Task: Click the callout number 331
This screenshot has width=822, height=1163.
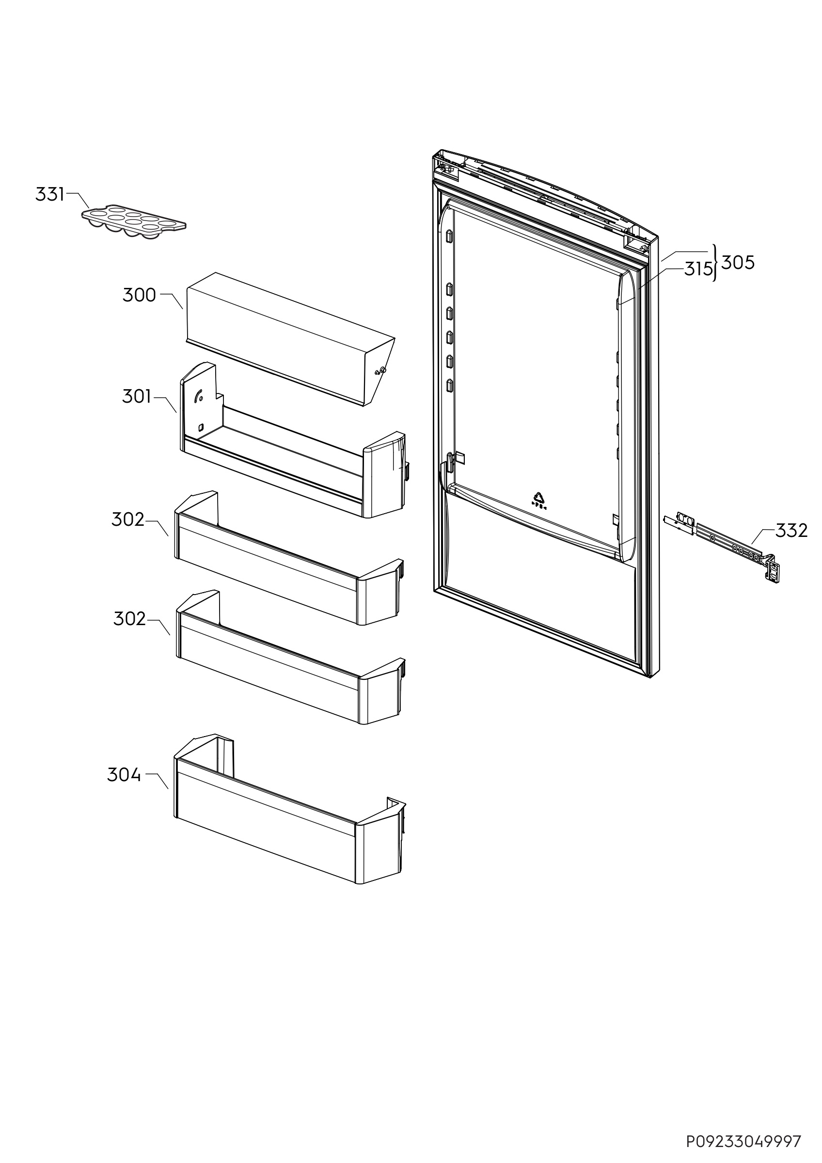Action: (x=49, y=194)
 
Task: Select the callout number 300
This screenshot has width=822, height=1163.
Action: (x=139, y=295)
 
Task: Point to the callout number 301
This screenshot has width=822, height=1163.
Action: (x=137, y=396)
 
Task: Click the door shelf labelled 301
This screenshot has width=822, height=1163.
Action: (x=284, y=471)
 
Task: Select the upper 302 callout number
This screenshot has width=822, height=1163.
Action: (x=128, y=519)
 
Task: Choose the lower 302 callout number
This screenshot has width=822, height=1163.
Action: (x=129, y=618)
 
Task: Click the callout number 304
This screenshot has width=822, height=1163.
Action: (x=124, y=774)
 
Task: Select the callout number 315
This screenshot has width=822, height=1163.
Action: (x=698, y=269)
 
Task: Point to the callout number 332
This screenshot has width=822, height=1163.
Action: (x=791, y=530)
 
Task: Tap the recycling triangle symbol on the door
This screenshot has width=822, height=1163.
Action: (x=538, y=497)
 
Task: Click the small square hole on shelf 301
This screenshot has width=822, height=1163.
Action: (x=201, y=426)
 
